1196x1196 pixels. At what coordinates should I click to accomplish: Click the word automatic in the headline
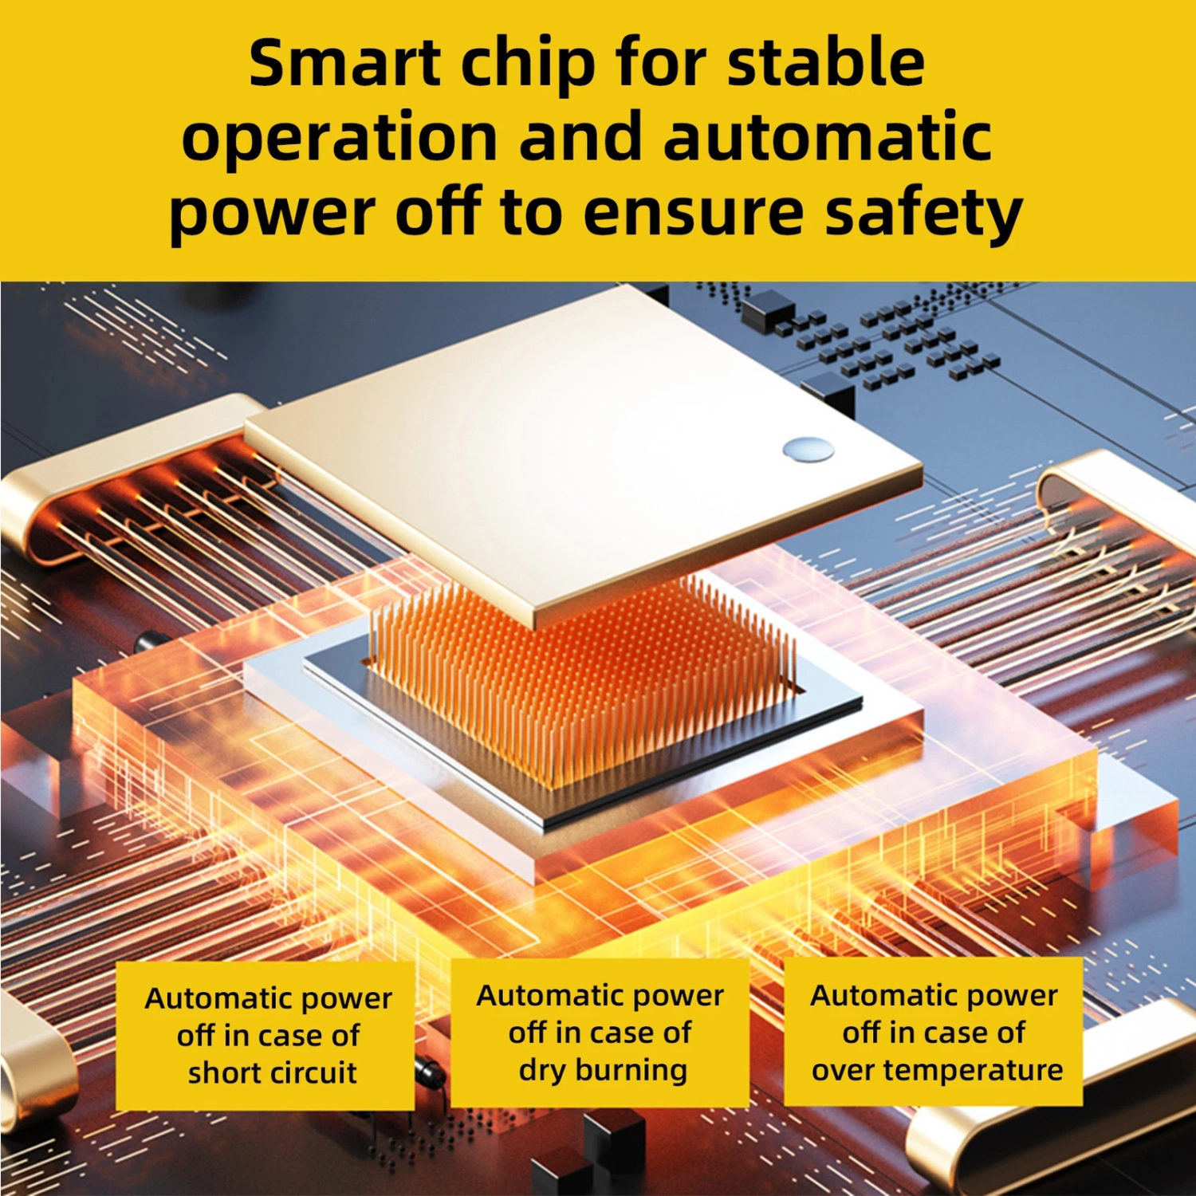(828, 136)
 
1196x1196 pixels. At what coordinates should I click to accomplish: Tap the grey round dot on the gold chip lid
(808, 450)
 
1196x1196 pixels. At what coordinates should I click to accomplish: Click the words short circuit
(272, 1072)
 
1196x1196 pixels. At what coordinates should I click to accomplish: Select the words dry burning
(603, 1071)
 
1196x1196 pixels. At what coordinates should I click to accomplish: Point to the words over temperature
(937, 1071)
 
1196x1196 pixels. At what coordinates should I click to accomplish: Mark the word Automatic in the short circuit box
(210, 998)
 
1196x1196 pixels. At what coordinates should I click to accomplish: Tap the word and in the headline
(581, 136)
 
